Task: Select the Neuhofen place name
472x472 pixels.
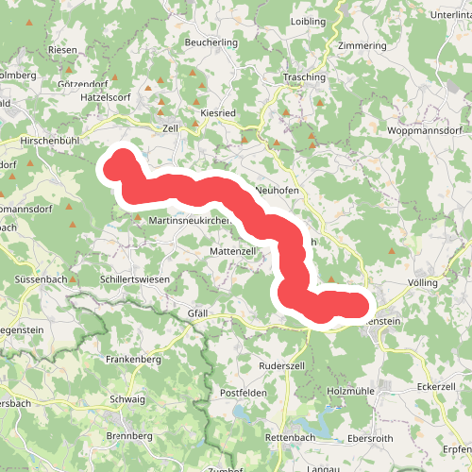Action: [278, 190]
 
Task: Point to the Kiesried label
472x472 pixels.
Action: [218, 111]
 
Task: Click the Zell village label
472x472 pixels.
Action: [171, 127]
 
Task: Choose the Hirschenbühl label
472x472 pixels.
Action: [49, 140]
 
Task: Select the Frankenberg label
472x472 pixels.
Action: [134, 360]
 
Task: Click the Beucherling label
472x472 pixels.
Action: [211, 43]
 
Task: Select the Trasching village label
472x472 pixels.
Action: [304, 77]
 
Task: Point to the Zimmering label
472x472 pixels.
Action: [361, 45]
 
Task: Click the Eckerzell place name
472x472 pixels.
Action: [435, 387]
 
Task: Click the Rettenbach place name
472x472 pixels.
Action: [291, 437]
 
